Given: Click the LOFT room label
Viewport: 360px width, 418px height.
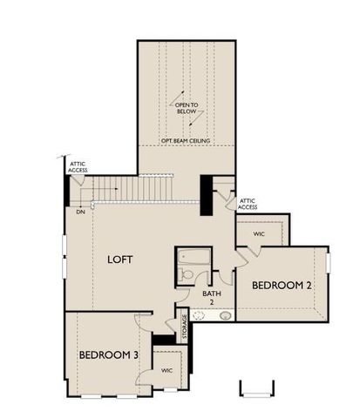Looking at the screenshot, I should coord(120,260).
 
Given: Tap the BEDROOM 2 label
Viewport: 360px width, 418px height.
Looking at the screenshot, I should coord(282,286).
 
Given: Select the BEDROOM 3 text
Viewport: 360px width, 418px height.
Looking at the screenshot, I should coord(108,354).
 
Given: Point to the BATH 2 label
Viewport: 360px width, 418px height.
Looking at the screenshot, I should coord(212,299).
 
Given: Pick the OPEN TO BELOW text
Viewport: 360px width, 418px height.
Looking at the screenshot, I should coord(187,108).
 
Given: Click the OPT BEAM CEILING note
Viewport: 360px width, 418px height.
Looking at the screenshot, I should coord(187,139).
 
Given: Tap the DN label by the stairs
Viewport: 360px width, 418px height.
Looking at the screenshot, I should coord(80,212).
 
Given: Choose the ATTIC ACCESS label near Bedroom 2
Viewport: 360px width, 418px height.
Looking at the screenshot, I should coord(248,204).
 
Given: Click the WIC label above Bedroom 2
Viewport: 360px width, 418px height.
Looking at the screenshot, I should coord(259,233).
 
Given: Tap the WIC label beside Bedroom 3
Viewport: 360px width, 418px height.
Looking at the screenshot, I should coord(166,370).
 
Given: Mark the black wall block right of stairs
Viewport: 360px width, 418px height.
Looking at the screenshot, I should coord(207,195).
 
